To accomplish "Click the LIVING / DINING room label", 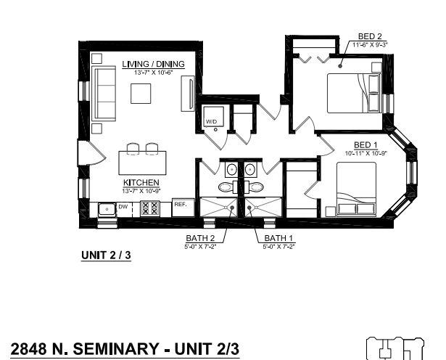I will (153, 65).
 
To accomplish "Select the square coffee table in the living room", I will (141, 94).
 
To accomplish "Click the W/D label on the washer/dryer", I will (211, 121).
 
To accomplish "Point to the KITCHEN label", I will (137, 182).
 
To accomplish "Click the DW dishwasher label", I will (123, 207).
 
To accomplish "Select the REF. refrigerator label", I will (181, 205).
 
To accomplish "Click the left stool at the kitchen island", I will (132, 150).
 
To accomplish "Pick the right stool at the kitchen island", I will (152, 150).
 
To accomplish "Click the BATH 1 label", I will (278, 237).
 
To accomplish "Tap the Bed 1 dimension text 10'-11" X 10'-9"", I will (366, 152).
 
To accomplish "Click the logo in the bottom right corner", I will (395, 349).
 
